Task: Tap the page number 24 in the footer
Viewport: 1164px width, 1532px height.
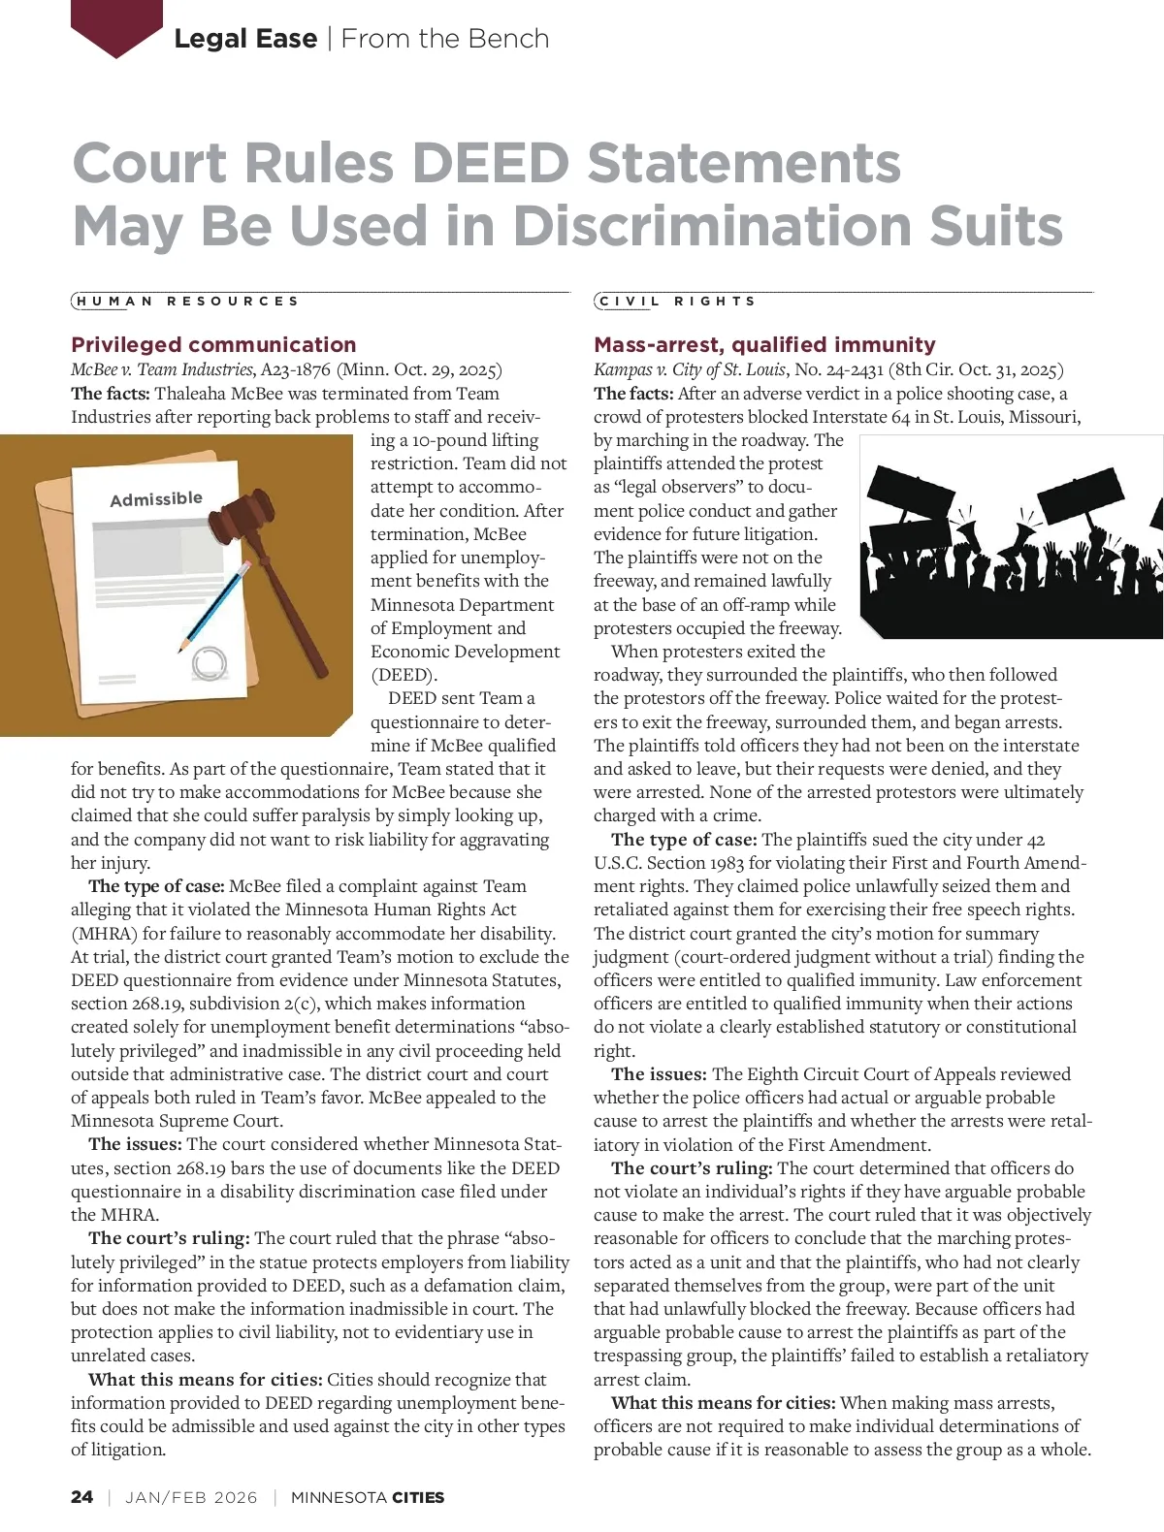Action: coord(82,1497)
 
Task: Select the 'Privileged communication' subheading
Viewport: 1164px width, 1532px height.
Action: coord(213,344)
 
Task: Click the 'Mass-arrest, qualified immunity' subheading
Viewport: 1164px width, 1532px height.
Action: coord(764,344)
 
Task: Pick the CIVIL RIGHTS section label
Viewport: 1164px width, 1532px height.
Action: coord(677,302)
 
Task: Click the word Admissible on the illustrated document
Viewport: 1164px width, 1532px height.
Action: coord(156,499)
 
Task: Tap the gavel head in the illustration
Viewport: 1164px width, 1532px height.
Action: coord(247,510)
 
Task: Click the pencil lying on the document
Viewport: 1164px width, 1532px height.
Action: coord(215,605)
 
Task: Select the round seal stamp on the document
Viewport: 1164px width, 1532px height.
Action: coord(209,664)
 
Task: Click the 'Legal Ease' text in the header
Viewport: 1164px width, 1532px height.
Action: coord(245,39)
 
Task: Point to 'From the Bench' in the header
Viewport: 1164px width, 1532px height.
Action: coord(445,39)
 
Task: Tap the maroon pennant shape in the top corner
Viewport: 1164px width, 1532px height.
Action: coord(116,24)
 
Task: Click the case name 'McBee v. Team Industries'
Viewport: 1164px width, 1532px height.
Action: coord(162,369)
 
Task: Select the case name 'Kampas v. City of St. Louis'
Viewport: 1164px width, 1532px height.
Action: coord(690,369)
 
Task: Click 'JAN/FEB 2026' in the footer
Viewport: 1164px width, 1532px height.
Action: coord(191,1497)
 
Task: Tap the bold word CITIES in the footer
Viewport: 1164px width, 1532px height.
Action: coord(418,1497)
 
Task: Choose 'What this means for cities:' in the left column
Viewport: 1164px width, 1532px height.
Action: coord(205,1380)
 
